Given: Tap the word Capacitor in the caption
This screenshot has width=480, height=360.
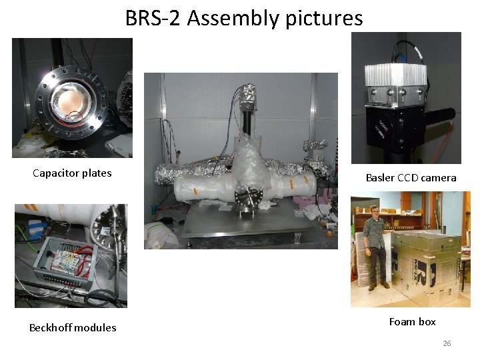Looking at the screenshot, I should coord(56,173).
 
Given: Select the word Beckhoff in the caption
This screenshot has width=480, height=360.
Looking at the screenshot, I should coord(51,327).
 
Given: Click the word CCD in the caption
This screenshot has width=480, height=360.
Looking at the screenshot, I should coord(411,177).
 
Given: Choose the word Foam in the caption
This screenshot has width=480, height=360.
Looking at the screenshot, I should coord(402,321).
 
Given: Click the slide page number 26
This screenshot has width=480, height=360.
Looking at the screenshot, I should coord(447,343).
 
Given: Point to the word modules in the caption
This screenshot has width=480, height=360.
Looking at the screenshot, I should coord(95,327).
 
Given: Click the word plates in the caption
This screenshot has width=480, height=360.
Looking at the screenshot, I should coord(97,173).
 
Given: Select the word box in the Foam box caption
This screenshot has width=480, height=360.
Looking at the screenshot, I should coord(427,321).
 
